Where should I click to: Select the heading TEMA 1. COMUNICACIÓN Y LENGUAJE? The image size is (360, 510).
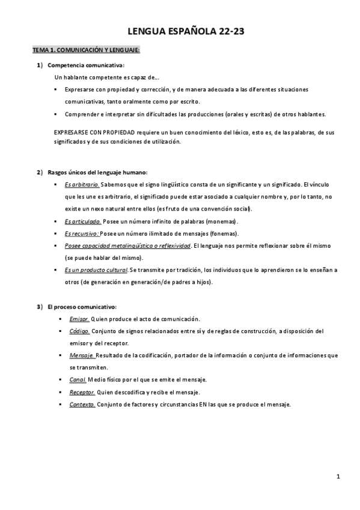(x=86, y=51)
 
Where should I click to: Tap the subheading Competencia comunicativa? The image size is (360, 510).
(x=85, y=65)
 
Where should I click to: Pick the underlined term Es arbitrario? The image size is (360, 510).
(x=82, y=185)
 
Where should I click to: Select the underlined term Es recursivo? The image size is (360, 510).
(x=82, y=233)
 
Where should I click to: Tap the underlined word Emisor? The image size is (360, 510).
(x=79, y=319)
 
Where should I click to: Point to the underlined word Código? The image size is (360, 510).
(x=79, y=331)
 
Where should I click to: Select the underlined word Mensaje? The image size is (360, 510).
(x=81, y=355)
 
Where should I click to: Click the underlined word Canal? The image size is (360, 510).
(x=78, y=380)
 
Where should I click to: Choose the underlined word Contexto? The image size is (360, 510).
(x=82, y=404)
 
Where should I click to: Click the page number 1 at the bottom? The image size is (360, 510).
(x=338, y=477)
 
